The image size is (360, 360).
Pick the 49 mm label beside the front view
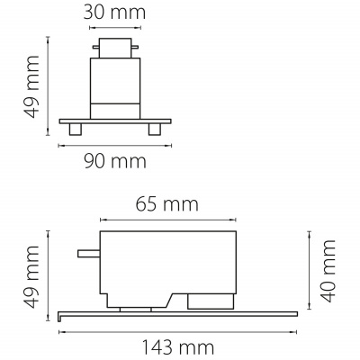pos(31,86)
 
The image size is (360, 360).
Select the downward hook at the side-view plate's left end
pos(60,315)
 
